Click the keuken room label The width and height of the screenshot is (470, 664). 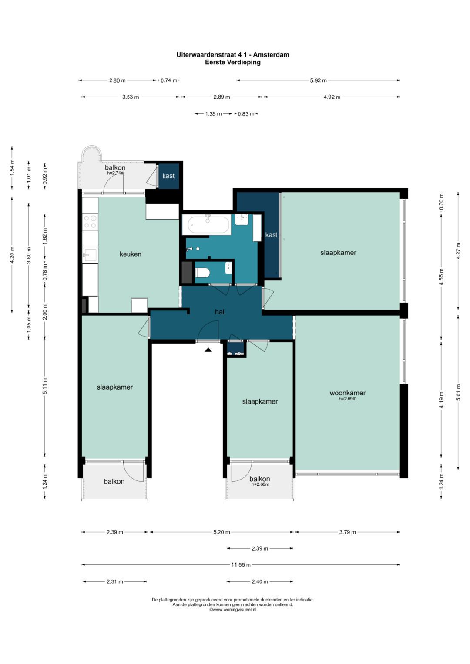(x=130, y=254)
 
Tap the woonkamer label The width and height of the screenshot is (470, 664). (x=347, y=393)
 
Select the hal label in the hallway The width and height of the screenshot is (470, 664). (x=220, y=311)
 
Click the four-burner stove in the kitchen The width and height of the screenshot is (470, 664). (x=90, y=222)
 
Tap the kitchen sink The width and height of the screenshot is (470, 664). (x=90, y=255)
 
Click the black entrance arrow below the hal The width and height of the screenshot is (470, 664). (x=208, y=350)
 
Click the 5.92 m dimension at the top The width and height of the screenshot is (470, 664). (x=318, y=80)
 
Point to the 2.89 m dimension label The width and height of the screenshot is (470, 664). (x=222, y=97)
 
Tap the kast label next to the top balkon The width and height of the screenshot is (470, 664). (x=168, y=176)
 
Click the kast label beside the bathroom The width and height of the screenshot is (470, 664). (x=271, y=235)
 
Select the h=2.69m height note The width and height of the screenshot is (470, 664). (x=347, y=399)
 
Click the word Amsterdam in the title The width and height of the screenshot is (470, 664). (x=271, y=55)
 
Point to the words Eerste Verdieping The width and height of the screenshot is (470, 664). (x=233, y=63)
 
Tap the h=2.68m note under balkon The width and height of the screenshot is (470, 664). (x=260, y=484)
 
